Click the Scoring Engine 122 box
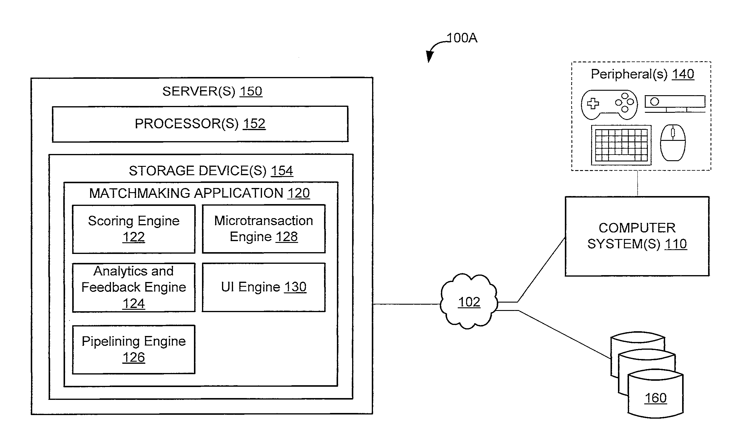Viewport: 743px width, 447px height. (x=134, y=229)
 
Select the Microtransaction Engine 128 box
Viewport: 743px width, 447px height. (x=264, y=229)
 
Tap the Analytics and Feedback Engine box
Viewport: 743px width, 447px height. (x=134, y=288)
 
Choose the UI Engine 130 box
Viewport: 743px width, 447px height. (x=264, y=287)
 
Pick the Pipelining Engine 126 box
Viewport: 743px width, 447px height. (x=134, y=349)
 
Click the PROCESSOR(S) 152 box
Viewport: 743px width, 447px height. (x=200, y=124)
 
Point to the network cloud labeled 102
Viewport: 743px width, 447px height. (x=469, y=301)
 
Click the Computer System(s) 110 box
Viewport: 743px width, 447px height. (x=637, y=236)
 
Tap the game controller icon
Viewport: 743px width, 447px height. (x=609, y=104)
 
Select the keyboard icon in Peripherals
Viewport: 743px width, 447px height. (x=621, y=145)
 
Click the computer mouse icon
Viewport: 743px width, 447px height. (x=673, y=142)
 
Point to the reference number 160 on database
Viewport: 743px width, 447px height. (x=655, y=398)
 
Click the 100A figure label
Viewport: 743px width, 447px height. (x=462, y=38)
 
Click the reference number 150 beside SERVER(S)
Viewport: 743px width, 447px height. (x=251, y=91)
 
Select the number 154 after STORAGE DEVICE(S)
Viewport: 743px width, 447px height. (x=282, y=171)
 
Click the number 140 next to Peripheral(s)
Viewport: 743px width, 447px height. (x=683, y=74)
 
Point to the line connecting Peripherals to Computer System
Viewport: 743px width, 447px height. (x=637, y=184)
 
